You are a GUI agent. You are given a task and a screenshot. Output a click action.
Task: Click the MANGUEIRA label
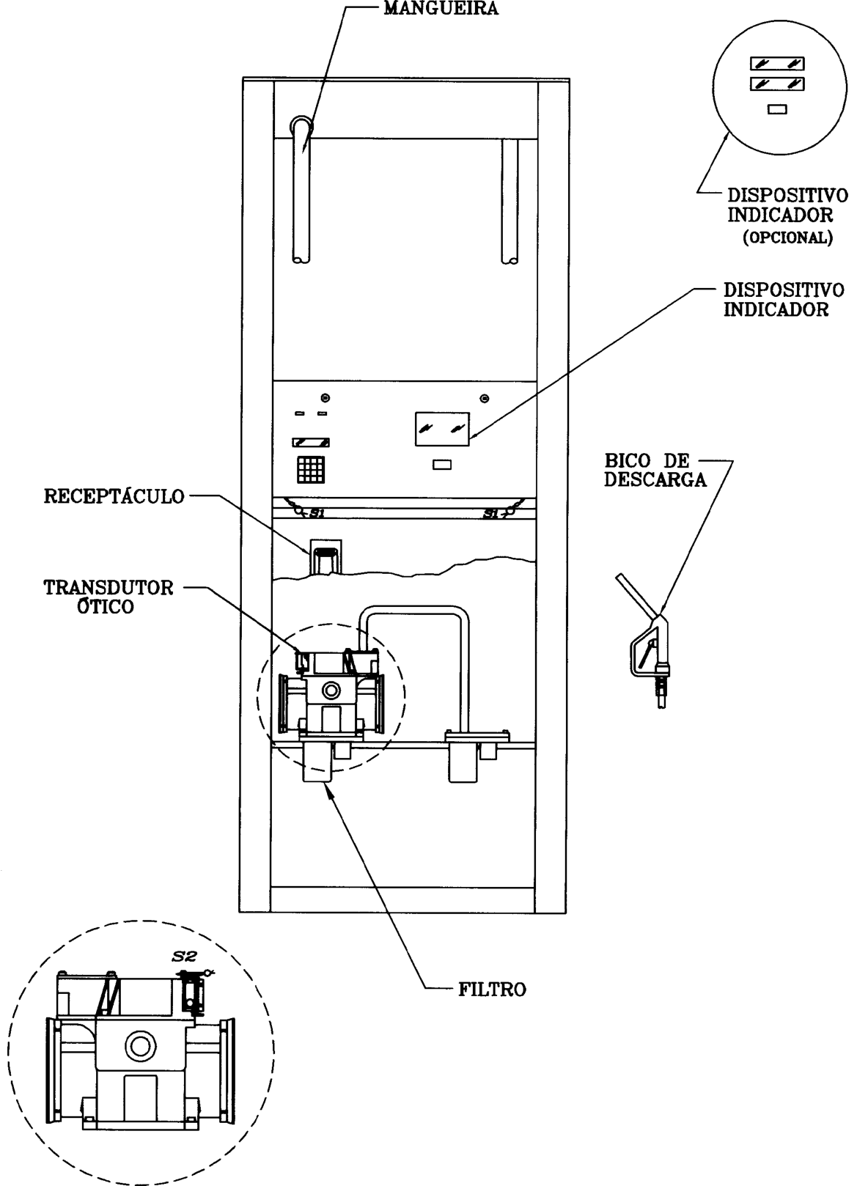tap(441, 9)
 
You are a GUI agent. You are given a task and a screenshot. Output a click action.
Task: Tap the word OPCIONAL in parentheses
tap(788, 237)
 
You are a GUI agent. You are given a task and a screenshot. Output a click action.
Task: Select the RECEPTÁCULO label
tap(114, 497)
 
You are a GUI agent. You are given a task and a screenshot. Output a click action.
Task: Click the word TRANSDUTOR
tap(108, 588)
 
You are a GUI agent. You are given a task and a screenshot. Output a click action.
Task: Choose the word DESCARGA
tap(655, 479)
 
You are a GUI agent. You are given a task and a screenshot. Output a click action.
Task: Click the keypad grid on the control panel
tap(310, 470)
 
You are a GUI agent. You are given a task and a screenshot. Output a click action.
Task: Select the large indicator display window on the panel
tap(442, 429)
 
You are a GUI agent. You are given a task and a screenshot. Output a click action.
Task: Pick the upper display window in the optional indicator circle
tap(777, 64)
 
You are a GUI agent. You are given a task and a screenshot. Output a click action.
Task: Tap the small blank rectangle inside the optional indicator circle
tap(777, 110)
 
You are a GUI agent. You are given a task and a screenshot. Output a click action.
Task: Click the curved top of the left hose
tap(301, 125)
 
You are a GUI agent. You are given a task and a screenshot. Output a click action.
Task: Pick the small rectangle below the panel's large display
tap(442, 464)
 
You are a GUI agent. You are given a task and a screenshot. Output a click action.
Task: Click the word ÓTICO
tap(106, 607)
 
